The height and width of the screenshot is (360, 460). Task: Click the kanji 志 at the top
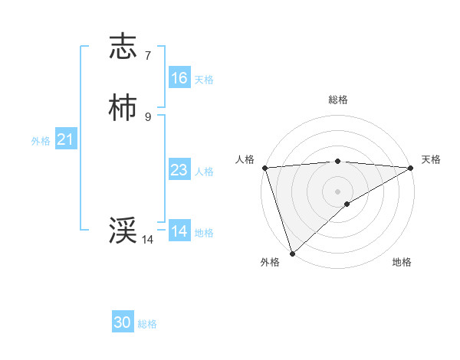(x=123, y=47)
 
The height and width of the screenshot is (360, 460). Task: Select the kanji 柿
(x=123, y=108)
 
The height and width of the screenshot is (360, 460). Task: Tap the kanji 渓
(x=123, y=230)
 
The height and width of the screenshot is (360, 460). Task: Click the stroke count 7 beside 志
(x=148, y=56)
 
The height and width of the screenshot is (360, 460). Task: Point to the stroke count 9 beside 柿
(x=148, y=116)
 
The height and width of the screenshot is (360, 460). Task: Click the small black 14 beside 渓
(x=148, y=240)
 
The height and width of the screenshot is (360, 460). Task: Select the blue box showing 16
(x=179, y=78)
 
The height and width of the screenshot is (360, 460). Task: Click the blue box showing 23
(x=179, y=170)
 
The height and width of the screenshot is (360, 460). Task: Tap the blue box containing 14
(x=179, y=231)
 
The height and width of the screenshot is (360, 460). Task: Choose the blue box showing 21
(x=66, y=139)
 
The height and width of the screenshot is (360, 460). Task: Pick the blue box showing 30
(x=123, y=322)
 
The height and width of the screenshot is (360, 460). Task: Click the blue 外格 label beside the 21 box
(x=41, y=141)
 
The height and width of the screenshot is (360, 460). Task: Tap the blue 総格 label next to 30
(x=147, y=324)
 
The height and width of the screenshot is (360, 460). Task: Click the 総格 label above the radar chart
(x=338, y=100)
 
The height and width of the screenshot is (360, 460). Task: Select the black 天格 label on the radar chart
(x=432, y=159)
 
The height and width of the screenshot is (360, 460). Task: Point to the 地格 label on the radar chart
(x=402, y=262)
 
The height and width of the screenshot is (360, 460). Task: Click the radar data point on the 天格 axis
(x=411, y=168)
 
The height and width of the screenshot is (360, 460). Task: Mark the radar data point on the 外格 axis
(x=292, y=254)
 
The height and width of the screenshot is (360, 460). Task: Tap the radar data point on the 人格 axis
(x=264, y=167)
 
